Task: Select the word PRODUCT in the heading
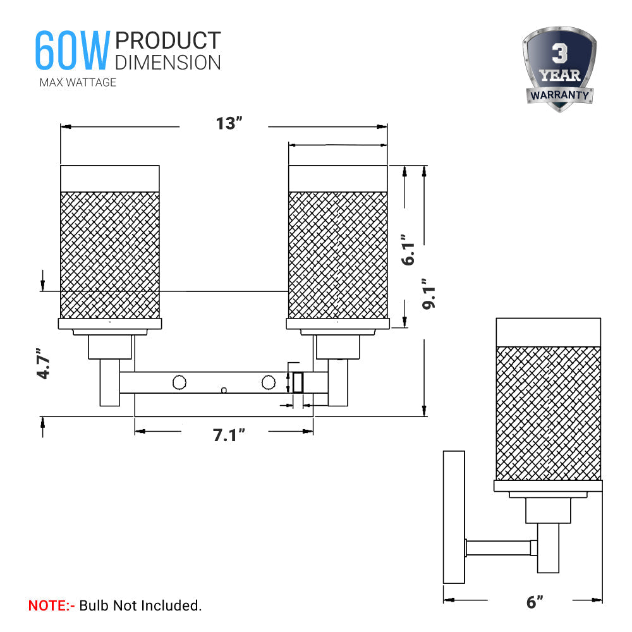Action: pyautogui.click(x=168, y=40)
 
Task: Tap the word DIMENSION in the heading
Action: pyautogui.click(x=168, y=62)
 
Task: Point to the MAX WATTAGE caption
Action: pyautogui.click(x=78, y=82)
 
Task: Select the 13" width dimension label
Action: pyautogui.click(x=229, y=123)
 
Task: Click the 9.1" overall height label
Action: pyautogui.click(x=430, y=294)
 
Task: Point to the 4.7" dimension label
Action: pyautogui.click(x=43, y=363)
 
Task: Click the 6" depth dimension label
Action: pyautogui.click(x=535, y=602)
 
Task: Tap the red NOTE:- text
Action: pyautogui.click(x=52, y=605)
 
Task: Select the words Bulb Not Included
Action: pyautogui.click(x=140, y=605)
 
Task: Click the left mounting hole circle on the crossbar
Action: pyautogui.click(x=179, y=382)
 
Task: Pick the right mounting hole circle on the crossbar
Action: pyautogui.click(x=269, y=382)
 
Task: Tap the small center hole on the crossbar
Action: pyautogui.click(x=224, y=391)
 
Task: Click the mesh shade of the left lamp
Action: pyautogui.click(x=109, y=255)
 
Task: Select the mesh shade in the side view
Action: pyautogui.click(x=548, y=413)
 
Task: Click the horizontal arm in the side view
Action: pyautogui.click(x=499, y=547)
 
